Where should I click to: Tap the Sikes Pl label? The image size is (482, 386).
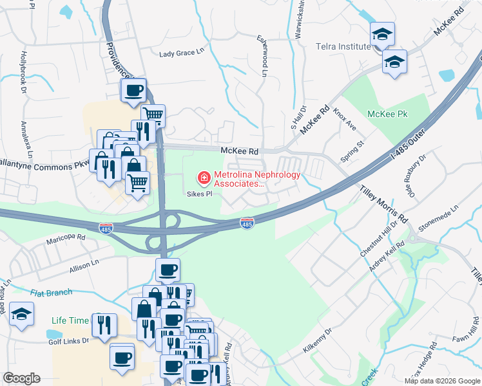pyautogui.click(x=199, y=194)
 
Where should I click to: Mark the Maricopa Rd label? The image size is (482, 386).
pyautogui.click(x=66, y=237)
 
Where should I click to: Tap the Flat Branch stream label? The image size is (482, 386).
pyautogui.click(x=51, y=293)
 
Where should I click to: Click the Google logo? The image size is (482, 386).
pyautogui.click(x=21, y=378)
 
